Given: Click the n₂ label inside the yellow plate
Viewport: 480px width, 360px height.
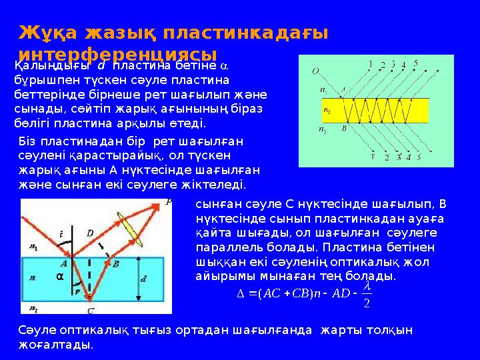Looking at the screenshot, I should pyautogui.click(x=327, y=111).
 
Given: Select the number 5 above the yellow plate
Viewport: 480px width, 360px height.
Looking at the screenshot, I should pyautogui.click(x=416, y=63).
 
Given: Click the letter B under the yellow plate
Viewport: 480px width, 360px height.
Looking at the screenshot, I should pyautogui.click(x=344, y=129).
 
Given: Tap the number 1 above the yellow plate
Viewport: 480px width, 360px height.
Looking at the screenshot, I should pyautogui.click(x=370, y=65).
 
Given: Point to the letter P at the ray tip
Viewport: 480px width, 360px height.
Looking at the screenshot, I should pyautogui.click(x=168, y=201).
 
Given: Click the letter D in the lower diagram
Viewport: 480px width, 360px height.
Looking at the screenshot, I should pyautogui.click(x=90, y=233).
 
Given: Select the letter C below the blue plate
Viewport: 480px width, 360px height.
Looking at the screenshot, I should pyautogui.click(x=91, y=310).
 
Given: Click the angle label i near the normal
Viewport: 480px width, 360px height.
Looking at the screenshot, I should pyautogui.click(x=61, y=233).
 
